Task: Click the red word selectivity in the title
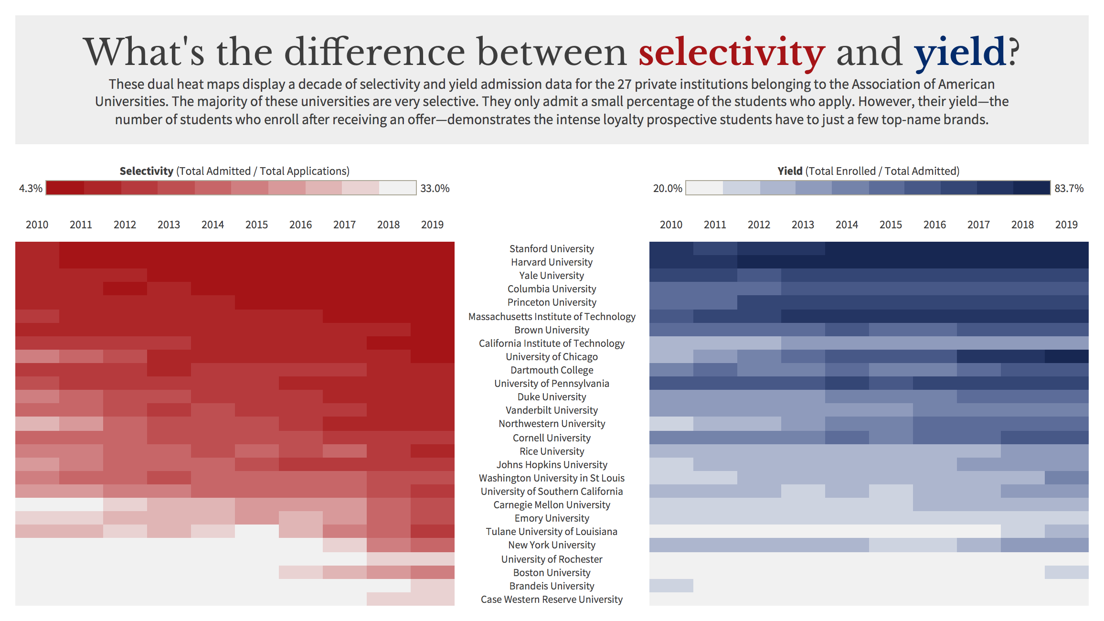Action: [732, 52]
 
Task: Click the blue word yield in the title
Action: [960, 52]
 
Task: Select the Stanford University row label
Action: [552, 249]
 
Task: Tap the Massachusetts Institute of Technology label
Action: [552, 317]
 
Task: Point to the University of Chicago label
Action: [552, 357]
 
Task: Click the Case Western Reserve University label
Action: [552, 600]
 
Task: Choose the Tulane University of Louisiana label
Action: [552, 532]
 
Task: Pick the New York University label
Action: [552, 545]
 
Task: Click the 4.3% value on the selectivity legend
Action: [31, 188]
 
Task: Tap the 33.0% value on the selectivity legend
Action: [435, 188]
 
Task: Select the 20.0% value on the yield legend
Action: [668, 188]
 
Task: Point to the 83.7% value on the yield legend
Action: [1069, 188]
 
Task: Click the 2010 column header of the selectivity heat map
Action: [37, 225]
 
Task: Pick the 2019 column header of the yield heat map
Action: [1067, 225]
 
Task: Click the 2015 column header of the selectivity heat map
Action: [257, 225]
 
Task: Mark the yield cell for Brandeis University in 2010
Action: [671, 586]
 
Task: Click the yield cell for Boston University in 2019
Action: [1067, 572]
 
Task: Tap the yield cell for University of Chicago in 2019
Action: [1067, 356]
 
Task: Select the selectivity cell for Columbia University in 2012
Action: [125, 289]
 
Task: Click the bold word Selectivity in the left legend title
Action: [147, 171]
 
